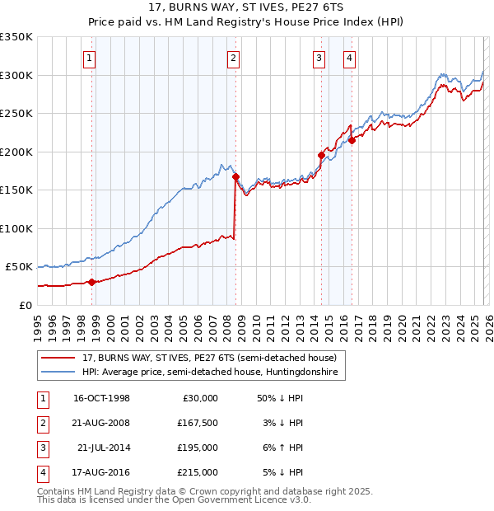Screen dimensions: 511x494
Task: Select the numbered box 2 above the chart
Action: (x=233, y=58)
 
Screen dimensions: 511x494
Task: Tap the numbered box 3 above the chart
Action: (x=319, y=58)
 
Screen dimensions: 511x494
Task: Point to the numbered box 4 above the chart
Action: (x=349, y=58)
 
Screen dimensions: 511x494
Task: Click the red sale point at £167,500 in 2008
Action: (x=235, y=176)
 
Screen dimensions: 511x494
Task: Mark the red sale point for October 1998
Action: (x=92, y=282)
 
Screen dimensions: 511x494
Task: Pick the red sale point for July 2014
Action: (x=321, y=155)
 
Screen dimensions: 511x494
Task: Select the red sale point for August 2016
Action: (x=352, y=140)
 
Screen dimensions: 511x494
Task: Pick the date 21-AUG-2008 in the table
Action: (x=102, y=423)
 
